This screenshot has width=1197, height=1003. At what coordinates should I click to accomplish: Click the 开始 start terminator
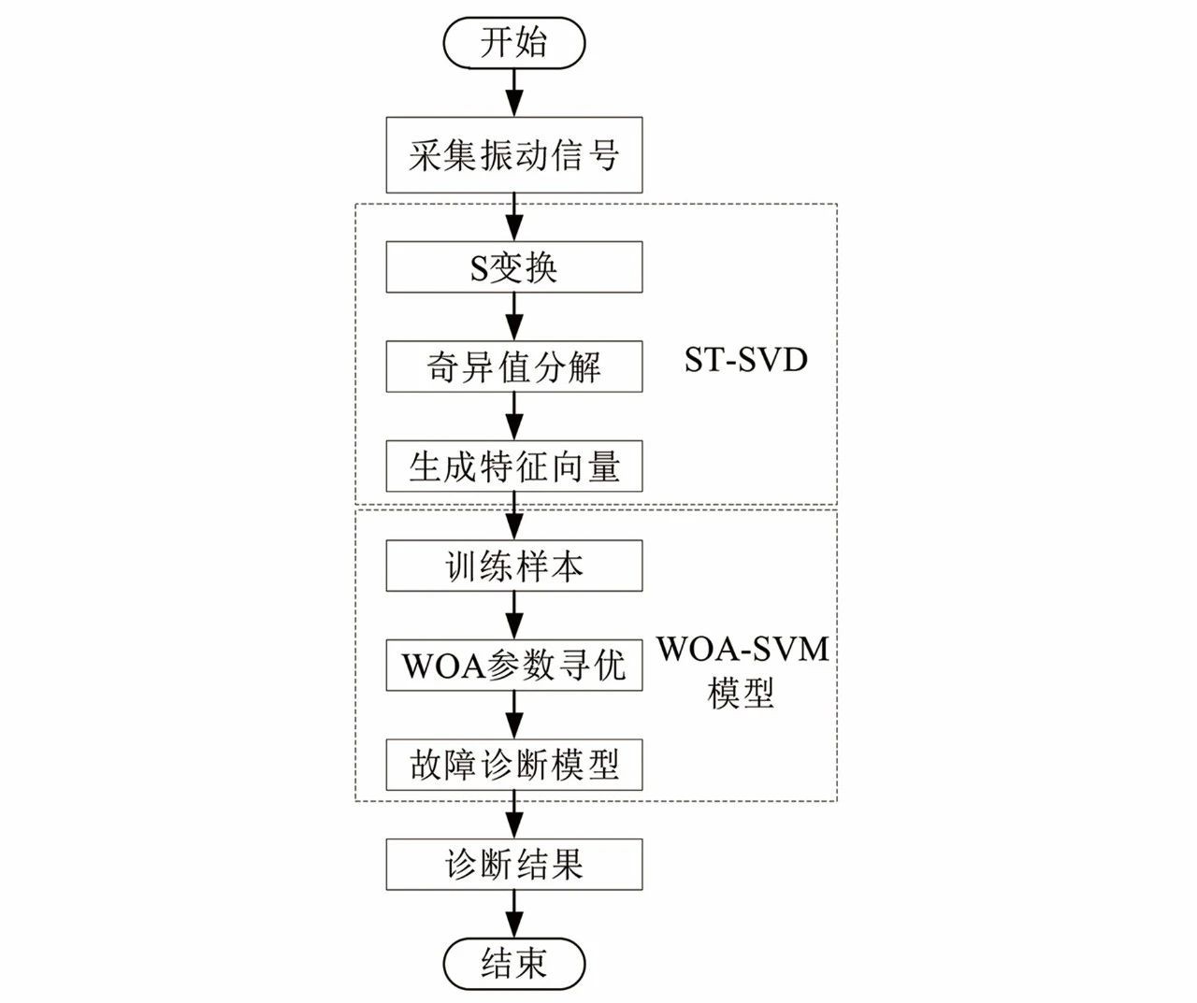513,44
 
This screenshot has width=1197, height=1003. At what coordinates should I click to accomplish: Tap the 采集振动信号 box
513,155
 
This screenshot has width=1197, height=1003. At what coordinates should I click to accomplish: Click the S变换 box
513,267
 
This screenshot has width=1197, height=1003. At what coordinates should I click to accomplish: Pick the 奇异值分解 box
513,366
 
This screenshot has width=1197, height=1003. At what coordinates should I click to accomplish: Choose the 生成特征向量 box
513,466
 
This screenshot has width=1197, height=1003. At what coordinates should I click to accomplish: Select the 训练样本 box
513,566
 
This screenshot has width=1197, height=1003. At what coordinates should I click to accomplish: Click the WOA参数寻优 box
513,666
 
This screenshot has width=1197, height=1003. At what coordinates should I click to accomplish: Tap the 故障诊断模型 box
513,765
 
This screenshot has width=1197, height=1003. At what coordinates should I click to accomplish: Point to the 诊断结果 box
513,864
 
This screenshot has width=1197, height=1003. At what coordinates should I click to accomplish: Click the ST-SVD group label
745,360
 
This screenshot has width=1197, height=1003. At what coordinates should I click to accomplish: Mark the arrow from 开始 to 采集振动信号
513,93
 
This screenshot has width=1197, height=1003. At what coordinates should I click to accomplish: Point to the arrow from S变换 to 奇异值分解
513,316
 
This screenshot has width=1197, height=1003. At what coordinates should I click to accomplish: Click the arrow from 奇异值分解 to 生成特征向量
513,415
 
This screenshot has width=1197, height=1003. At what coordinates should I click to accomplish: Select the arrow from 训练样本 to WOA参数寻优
513,615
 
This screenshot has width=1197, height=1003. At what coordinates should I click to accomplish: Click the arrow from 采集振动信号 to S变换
513,217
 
